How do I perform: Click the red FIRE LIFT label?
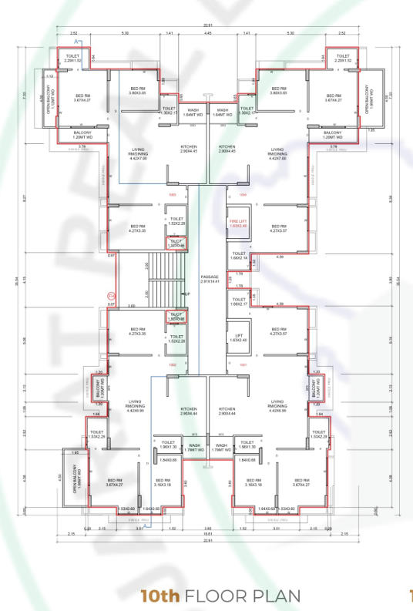pyautogui.click(x=239, y=223)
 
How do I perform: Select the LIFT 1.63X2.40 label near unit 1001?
pyautogui.click(x=239, y=337)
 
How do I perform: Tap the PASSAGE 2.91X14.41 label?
pyautogui.click(x=210, y=279)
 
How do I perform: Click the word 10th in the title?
pyautogui.click(x=159, y=596)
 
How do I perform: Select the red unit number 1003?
pyautogui.click(x=173, y=195)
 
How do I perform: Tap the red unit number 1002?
pyautogui.click(x=173, y=364)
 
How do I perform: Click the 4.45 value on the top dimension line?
pyautogui.click(x=207, y=34)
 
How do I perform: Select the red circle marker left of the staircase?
pyautogui.click(x=110, y=295)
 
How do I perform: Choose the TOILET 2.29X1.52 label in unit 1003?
pyautogui.click(x=74, y=59)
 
